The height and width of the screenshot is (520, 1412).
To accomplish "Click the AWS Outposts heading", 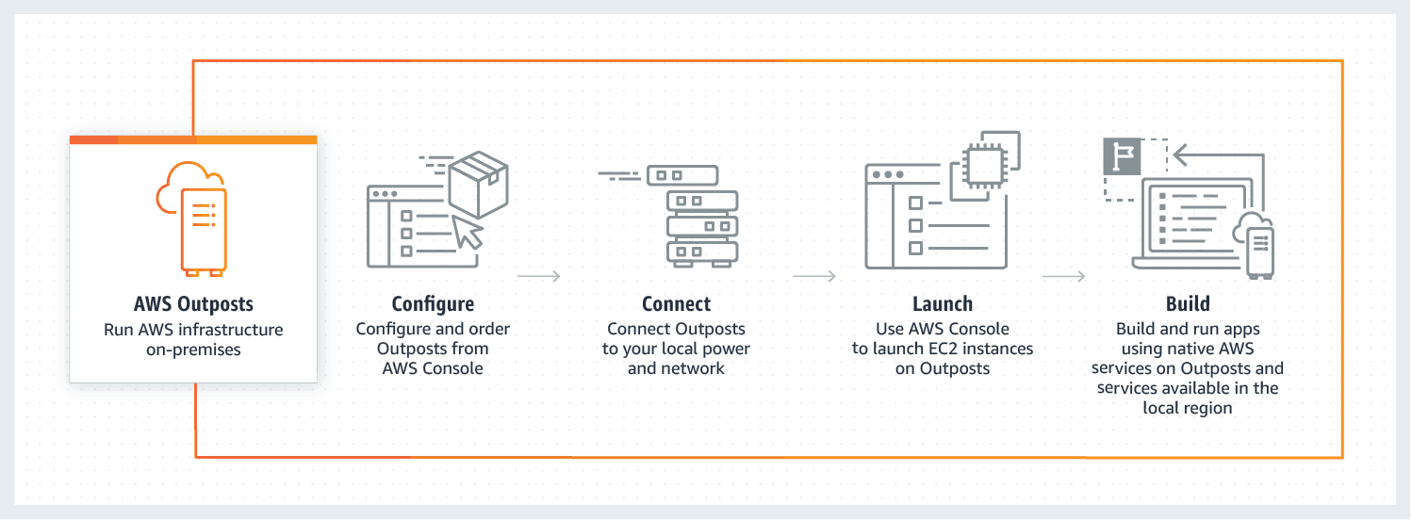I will pyautogui.click(x=193, y=304).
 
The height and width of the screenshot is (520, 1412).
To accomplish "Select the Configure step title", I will pyautogui.click(x=433, y=304).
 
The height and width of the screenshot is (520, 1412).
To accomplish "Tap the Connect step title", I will pyautogui.click(x=676, y=304).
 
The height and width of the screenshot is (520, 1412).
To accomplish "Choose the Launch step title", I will pyautogui.click(x=942, y=304).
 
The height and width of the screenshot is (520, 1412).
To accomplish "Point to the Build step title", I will pyautogui.click(x=1187, y=304).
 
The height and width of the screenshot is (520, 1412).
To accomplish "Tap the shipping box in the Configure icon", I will pyautogui.click(x=478, y=185).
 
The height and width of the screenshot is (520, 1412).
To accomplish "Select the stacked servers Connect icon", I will pyautogui.click(x=701, y=226).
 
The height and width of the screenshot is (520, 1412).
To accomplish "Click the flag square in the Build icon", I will pyautogui.click(x=1122, y=156).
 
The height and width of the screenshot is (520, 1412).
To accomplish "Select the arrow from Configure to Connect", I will pyautogui.click(x=539, y=276).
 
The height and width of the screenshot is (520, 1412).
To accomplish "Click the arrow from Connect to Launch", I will pyautogui.click(x=814, y=276).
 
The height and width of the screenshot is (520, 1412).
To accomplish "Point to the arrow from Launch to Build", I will pyautogui.click(x=1063, y=276).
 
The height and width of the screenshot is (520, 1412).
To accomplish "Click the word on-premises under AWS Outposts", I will pyautogui.click(x=193, y=350).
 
